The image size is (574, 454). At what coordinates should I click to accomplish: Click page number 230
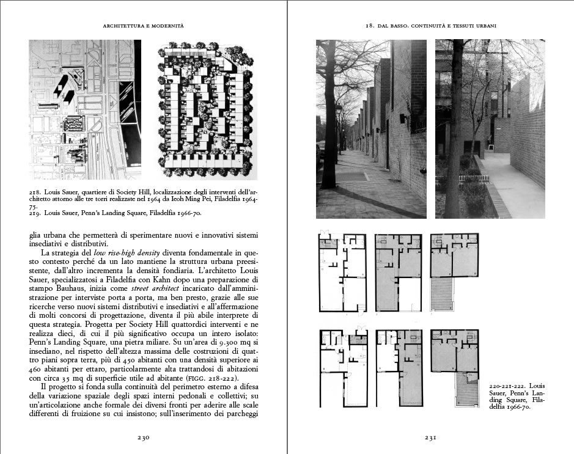143,438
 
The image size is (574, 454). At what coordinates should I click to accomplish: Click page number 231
430,438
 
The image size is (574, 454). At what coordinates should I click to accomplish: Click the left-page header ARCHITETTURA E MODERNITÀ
144,25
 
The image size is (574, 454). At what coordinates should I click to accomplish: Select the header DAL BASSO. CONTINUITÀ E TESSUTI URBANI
430,25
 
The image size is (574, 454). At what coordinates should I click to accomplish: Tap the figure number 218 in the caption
35,192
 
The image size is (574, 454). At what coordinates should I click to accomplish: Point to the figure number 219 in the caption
35,213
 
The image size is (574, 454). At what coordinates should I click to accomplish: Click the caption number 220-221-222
508,387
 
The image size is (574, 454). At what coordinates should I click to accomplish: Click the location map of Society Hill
85,110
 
